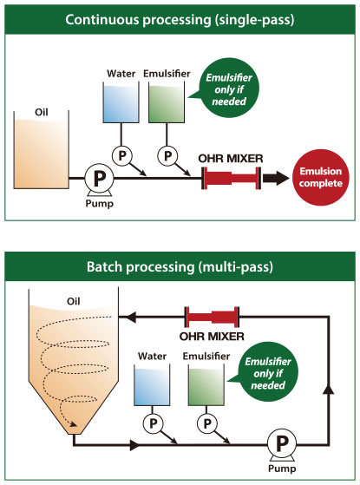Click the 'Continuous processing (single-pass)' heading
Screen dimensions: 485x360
180,16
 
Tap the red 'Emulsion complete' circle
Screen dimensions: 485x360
320,177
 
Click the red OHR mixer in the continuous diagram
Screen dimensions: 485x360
232,177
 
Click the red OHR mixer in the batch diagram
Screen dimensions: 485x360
212,318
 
